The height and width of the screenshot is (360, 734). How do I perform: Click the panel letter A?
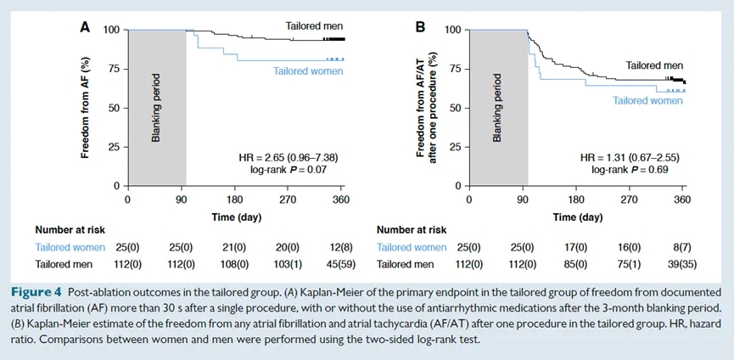84,27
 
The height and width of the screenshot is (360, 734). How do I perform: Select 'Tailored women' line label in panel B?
647,100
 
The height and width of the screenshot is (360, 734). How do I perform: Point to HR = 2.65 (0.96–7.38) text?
282,158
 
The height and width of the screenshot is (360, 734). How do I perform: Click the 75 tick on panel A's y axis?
113,69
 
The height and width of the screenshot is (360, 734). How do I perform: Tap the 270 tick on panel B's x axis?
629,200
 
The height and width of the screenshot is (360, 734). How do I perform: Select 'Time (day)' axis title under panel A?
236,217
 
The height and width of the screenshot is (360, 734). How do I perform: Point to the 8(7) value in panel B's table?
681,247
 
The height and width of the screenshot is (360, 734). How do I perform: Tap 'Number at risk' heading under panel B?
412,229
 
